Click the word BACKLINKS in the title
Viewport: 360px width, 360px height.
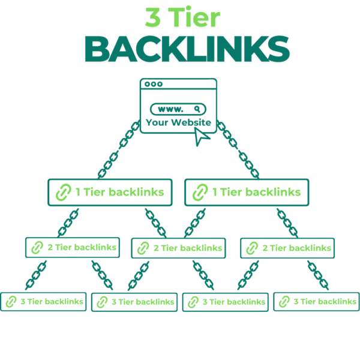click(x=180, y=49)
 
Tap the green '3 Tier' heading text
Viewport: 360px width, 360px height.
click(x=180, y=17)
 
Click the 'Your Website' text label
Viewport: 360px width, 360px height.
click(x=178, y=123)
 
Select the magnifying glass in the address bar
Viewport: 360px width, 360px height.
click(x=197, y=109)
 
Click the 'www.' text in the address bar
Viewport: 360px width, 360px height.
click(x=170, y=109)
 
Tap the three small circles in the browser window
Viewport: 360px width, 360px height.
click(x=154, y=85)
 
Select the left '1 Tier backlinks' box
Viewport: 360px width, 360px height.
click(x=110, y=193)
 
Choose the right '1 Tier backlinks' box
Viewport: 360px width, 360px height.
click(x=246, y=193)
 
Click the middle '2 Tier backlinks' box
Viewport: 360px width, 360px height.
click(x=178, y=247)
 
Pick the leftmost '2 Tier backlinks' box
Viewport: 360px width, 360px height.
click(x=71, y=247)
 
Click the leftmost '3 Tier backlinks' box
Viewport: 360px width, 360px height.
click(x=43, y=301)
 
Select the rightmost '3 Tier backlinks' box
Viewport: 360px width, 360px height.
click(x=316, y=301)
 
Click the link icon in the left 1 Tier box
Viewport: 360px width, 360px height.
click(x=62, y=193)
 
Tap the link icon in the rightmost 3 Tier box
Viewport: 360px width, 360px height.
click(x=284, y=302)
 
